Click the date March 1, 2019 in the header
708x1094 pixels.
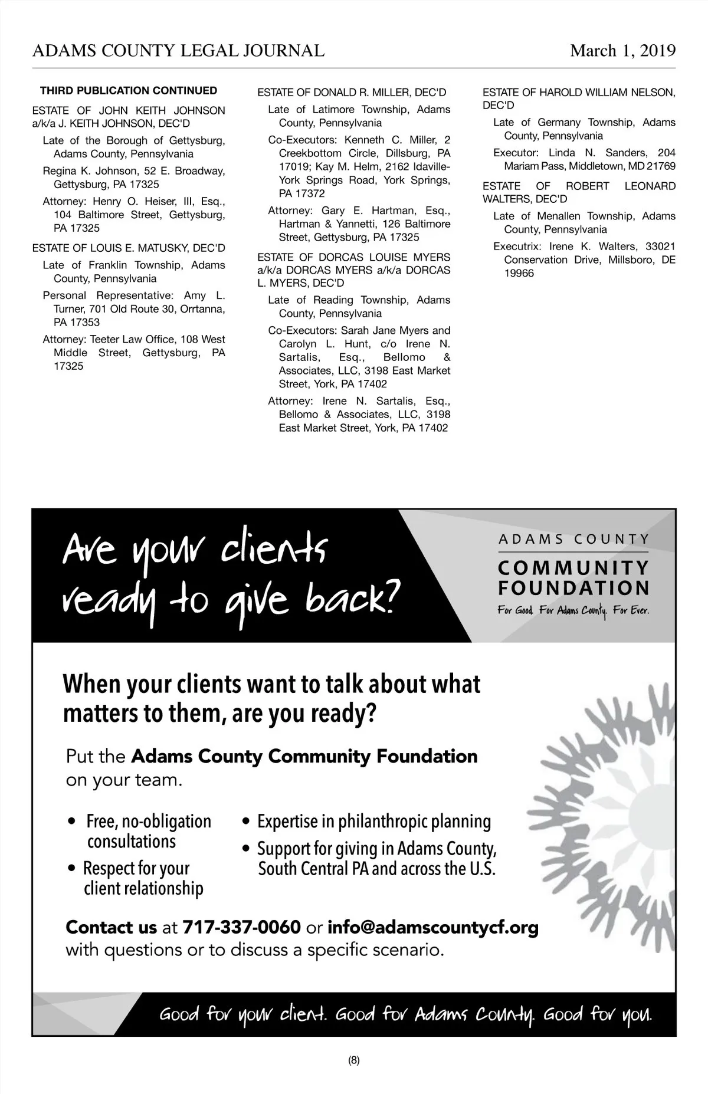tap(622, 51)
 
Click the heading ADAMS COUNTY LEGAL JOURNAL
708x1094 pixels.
tap(178, 51)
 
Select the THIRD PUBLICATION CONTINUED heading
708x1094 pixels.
tap(129, 91)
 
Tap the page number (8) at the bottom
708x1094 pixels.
tap(354, 1060)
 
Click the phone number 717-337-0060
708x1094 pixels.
tap(242, 928)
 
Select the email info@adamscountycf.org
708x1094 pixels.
tap(433, 928)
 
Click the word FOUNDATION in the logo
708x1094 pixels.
tap(573, 588)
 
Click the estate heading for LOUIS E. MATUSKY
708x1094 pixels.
tap(129, 248)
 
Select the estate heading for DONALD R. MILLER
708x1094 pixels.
tap(352, 93)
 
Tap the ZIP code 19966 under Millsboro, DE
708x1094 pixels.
tap(519, 274)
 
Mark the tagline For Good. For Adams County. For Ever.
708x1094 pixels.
tap(573, 611)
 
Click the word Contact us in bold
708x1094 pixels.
tap(111, 928)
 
